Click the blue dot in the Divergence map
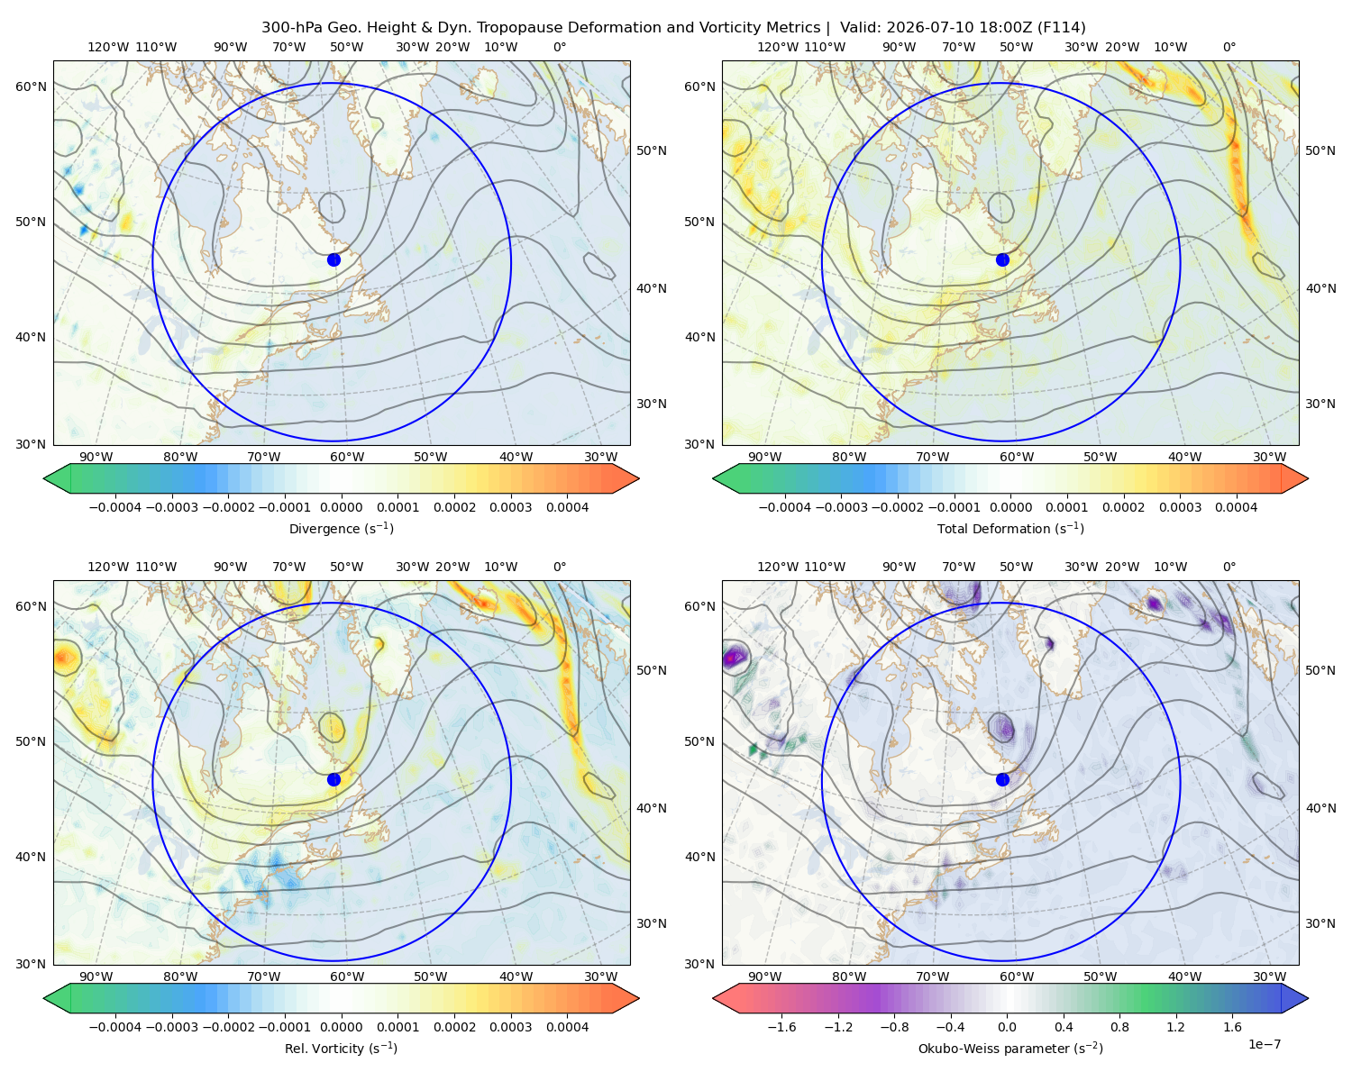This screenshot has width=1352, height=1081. (x=333, y=259)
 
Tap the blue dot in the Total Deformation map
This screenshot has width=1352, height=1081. (x=1002, y=259)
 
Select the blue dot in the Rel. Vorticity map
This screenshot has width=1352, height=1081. (x=333, y=779)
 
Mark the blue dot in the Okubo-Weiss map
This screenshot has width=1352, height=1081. (x=1002, y=779)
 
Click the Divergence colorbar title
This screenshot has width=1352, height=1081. (x=341, y=528)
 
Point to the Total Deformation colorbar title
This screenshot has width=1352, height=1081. (x=1010, y=528)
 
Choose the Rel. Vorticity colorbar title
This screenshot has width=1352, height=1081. (x=341, y=1048)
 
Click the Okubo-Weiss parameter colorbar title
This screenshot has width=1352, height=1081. (x=1010, y=1048)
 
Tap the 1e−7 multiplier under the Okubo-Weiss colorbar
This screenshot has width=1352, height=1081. (x=1264, y=1044)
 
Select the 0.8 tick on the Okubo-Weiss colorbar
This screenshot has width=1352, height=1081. (x=1119, y=1026)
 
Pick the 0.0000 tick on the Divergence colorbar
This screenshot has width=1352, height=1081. (x=341, y=507)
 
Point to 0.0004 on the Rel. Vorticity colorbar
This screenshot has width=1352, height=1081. (x=567, y=1026)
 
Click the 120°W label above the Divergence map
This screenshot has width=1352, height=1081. (x=108, y=47)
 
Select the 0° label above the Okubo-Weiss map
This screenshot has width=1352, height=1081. (x=1229, y=567)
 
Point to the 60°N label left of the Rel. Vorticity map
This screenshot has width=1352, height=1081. (x=31, y=606)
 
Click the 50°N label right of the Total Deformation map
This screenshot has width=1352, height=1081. (x=1320, y=150)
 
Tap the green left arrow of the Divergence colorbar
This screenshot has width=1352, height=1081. (x=57, y=478)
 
